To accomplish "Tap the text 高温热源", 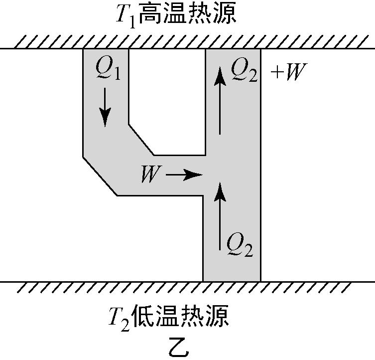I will point(187,14).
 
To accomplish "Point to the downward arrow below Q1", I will point(105,108).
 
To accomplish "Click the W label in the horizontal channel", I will point(149,175).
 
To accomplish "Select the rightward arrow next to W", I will point(184,175).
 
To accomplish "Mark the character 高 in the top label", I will point(150,14).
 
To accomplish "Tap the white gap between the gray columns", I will point(167,100).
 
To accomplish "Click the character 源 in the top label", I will point(224,14).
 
